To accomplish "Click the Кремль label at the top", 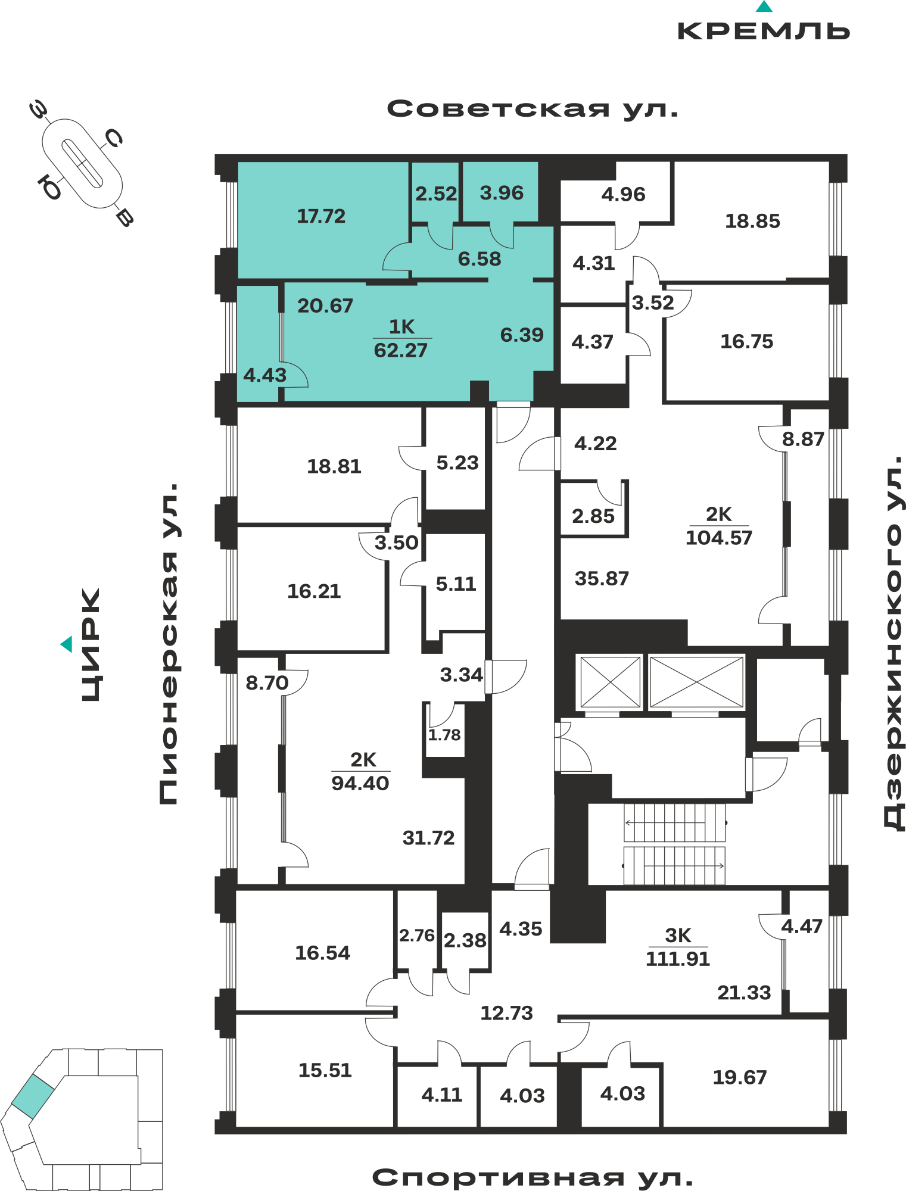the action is coord(764,31).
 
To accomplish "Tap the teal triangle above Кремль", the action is coord(764,7).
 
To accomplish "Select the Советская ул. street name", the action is coord(533,109).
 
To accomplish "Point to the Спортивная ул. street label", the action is coord(533,1177).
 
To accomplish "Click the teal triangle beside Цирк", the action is coord(67,644).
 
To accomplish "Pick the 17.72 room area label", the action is coord(321,216).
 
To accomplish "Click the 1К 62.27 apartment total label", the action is coord(401,339).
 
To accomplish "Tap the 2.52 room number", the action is coord(436,194).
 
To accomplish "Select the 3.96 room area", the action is coord(502,194).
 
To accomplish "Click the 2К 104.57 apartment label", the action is coord(719,526).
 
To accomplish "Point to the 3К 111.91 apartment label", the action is coord(678,947).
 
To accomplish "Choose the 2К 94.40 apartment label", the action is coord(360,772).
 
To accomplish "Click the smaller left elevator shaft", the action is coord(610,682).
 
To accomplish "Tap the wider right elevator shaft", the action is coord(697,682).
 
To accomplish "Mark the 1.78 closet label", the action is coord(444,735).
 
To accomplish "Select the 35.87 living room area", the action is coord(602,579).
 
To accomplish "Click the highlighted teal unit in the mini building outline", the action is coord(33,1096).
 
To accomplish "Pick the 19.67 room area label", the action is coord(740,1077).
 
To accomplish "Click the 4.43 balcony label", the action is coord(265,376).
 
